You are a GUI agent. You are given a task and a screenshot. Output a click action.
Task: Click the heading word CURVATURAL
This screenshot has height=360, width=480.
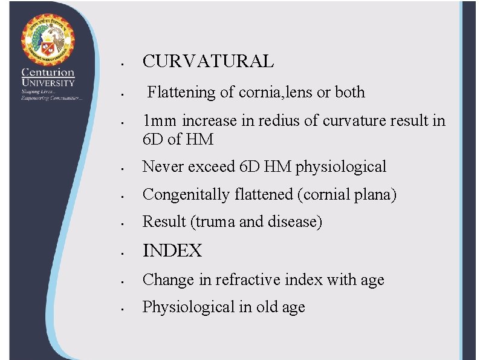click(x=208, y=61)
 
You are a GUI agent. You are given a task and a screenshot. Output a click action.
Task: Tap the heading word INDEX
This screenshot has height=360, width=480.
click(x=172, y=250)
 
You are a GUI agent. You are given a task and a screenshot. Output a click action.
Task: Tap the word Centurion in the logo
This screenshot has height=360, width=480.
click(x=48, y=73)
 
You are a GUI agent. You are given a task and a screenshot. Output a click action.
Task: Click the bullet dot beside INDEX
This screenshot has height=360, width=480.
click(x=122, y=252)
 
